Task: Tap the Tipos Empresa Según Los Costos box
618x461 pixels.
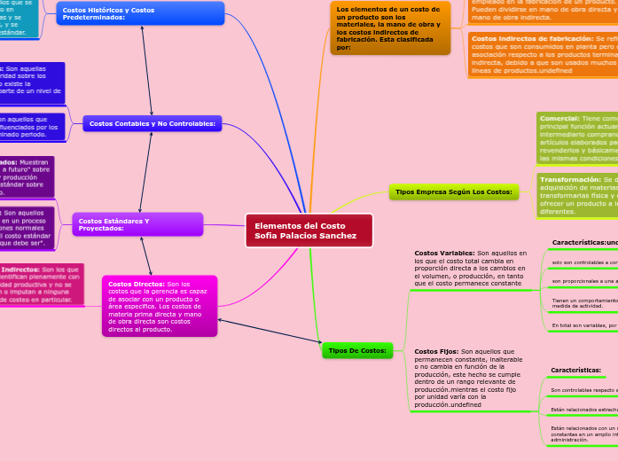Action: coord(453,191)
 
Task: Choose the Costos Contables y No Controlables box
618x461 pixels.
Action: coord(152,123)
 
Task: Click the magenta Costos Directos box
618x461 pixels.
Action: coord(160,306)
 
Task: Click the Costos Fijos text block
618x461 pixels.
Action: coord(471,378)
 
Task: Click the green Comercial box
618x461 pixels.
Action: coord(576,137)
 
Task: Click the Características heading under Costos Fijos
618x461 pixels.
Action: coord(576,370)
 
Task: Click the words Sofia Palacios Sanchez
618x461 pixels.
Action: coord(305,236)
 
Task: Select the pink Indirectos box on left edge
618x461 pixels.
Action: coord(40,285)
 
